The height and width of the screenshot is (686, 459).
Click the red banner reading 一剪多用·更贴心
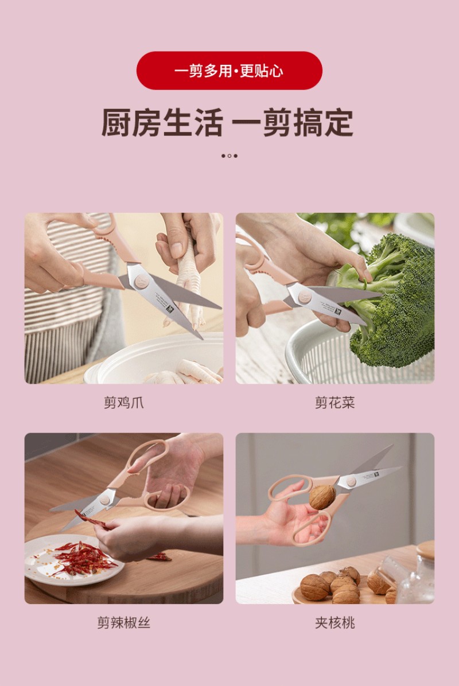[x=229, y=71]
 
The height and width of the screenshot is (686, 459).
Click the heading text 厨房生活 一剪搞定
[x=227, y=123]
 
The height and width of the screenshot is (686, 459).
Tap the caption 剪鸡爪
[x=123, y=403]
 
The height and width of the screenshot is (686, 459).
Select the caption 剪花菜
[x=334, y=403]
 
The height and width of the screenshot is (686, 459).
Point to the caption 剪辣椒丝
[x=123, y=622]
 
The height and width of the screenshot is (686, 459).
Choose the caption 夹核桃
[x=334, y=622]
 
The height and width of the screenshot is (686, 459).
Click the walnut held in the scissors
[x=322, y=497]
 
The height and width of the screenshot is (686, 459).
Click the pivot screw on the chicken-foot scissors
[x=141, y=282]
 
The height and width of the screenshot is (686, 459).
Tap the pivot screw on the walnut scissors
[x=351, y=482]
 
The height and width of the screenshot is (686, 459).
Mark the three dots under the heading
[x=229, y=156]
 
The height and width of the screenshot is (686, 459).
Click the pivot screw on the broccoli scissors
[x=305, y=298]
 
